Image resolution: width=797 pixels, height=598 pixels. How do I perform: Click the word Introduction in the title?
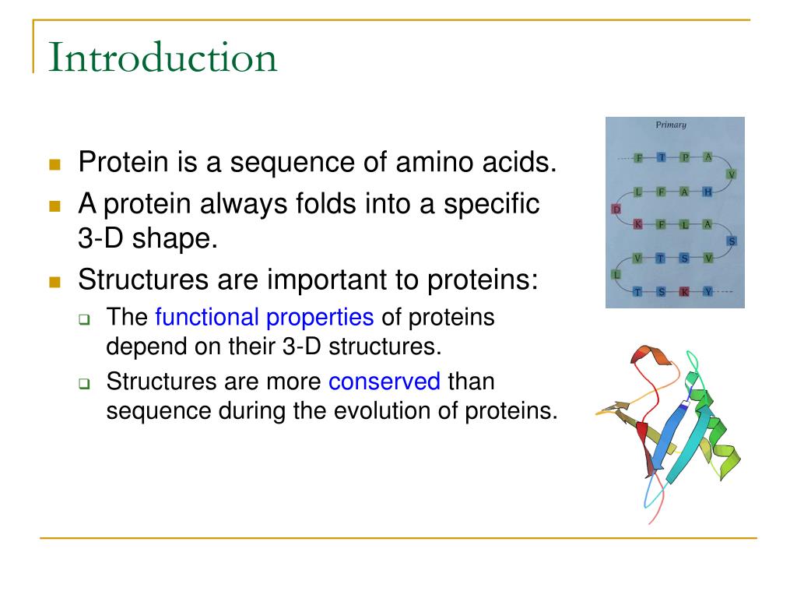163,57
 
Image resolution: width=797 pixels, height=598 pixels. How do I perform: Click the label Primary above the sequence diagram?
670,125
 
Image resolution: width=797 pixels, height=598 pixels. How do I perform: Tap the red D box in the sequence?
616,209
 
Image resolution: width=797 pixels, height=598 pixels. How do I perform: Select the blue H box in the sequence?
707,192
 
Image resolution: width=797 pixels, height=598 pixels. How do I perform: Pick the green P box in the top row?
685,157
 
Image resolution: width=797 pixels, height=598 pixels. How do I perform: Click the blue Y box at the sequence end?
707,291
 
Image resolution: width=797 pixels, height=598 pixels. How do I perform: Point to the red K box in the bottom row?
685,291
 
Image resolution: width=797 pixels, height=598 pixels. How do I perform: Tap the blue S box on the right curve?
732,241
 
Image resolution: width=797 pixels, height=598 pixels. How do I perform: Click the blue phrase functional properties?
265,318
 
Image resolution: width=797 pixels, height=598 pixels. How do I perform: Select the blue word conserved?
384,382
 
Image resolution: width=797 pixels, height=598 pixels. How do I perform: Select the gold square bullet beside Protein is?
55,164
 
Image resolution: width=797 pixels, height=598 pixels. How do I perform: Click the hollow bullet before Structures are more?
84,383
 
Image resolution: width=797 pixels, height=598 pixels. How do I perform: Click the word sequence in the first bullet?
293,164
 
